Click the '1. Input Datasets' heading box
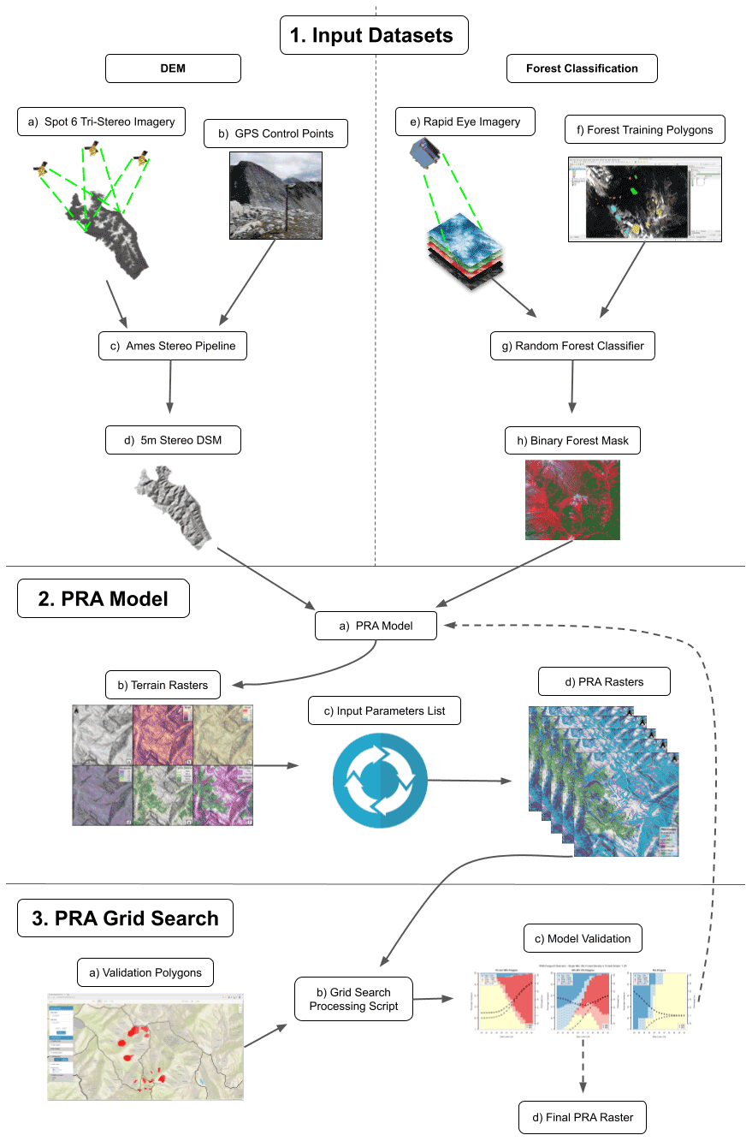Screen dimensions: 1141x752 [376, 36]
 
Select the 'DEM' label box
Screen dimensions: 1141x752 [173, 68]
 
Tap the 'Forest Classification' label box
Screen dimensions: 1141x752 [582, 68]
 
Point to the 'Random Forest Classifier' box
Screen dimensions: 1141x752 [573, 346]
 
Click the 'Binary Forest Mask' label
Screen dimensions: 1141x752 [572, 441]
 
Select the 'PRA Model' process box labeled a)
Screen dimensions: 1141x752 [376, 626]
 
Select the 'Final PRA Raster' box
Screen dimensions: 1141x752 [583, 1117]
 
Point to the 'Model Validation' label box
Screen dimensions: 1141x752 [583, 938]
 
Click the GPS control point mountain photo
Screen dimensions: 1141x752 [275, 195]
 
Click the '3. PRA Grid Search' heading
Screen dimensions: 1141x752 [125, 918]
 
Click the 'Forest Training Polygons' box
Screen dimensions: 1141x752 [645, 130]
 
